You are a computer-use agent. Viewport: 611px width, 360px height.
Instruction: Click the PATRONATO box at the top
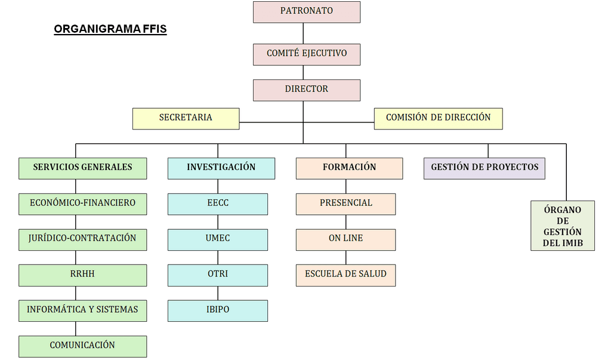click(x=306, y=11)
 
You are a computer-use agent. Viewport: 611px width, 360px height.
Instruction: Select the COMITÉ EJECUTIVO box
click(x=306, y=54)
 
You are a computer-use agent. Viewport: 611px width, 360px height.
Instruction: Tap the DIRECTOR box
click(x=306, y=90)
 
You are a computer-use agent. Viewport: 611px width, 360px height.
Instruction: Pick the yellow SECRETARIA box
click(x=186, y=118)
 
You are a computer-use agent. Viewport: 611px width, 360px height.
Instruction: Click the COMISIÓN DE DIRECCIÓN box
click(x=438, y=118)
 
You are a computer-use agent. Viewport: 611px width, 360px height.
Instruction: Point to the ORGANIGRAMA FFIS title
click(x=110, y=29)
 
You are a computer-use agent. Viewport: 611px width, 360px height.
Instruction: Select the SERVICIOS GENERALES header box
click(x=82, y=168)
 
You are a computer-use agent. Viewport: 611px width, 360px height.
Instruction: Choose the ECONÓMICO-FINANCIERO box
click(x=82, y=204)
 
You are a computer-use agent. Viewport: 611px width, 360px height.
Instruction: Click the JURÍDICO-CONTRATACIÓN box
click(x=82, y=239)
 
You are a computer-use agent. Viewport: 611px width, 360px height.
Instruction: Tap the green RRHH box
click(x=82, y=275)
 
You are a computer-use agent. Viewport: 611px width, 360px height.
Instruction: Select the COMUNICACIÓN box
click(x=82, y=346)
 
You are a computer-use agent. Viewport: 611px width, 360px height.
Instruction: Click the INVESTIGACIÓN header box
click(x=221, y=168)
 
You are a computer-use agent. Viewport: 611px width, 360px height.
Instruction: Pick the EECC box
click(x=217, y=204)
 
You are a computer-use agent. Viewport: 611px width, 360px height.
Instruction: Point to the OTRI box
click(x=217, y=275)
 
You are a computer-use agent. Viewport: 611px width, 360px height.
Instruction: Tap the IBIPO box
click(x=217, y=310)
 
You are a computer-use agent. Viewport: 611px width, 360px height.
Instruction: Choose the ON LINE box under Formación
click(x=345, y=239)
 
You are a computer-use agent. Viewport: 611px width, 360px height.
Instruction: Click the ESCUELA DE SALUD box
click(x=345, y=275)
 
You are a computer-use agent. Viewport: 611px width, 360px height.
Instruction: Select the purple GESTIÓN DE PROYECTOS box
click(x=485, y=168)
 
